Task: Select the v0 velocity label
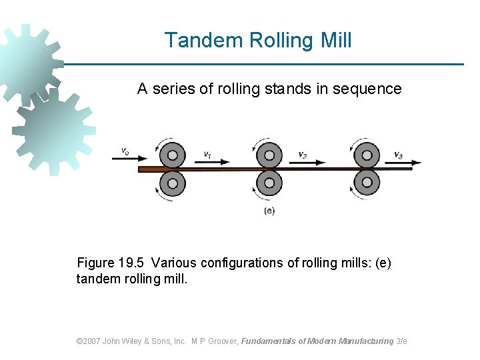(125, 151)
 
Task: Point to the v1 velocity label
(209, 154)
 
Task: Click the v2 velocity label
(303, 154)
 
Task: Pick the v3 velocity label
(398, 155)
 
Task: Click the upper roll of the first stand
(173, 155)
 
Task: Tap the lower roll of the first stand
(173, 182)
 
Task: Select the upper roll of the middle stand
(269, 155)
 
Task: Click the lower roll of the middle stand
(269, 182)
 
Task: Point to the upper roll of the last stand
(366, 155)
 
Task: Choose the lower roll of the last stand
(366, 182)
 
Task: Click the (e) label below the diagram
(269, 211)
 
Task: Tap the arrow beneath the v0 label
(133, 159)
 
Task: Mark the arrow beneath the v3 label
(407, 162)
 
